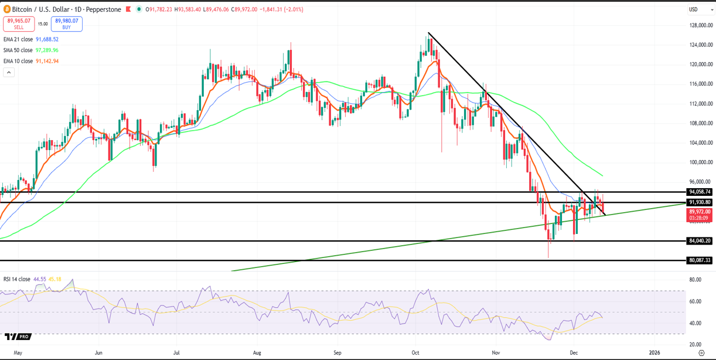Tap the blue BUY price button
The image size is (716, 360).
tap(66, 23)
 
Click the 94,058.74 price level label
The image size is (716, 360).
tap(700, 192)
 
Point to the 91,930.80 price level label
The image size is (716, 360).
tap(700, 202)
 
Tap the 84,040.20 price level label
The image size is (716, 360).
tap(700, 241)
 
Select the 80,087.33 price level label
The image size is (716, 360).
tap(700, 260)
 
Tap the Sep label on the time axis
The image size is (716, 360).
tap(337, 353)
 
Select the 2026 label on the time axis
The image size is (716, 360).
tap(654, 353)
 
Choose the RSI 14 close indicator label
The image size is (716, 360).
tap(17, 279)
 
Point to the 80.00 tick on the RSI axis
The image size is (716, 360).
tap(695, 280)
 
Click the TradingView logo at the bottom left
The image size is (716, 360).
tap(17, 337)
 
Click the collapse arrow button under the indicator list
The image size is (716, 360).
tap(9, 72)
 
